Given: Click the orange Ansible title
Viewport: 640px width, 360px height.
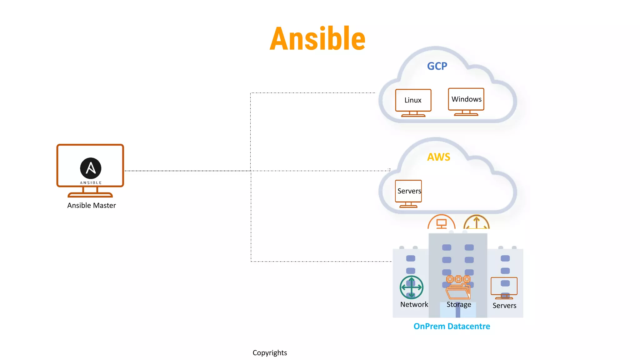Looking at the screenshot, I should pos(317,39).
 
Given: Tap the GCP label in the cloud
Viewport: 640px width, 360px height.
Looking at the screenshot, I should pos(437,66).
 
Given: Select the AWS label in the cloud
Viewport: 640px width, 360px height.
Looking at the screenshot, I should pos(438,157).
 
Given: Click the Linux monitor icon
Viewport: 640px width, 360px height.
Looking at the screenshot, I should pos(413,102).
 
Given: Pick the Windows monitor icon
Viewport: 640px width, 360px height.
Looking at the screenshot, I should pos(466,101).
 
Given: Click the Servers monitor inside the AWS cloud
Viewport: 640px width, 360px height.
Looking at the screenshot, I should pos(408,193).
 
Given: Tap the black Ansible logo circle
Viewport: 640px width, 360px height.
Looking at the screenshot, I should pos(91,168).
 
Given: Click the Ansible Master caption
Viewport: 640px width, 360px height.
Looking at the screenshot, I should pos(92,205).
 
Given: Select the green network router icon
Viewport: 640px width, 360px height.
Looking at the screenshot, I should pos(411,287).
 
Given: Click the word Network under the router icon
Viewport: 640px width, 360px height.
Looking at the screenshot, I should pos(414,304).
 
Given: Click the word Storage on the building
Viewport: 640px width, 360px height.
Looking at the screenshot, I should pos(459,304).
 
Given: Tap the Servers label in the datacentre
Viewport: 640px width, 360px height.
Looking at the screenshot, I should pos(504,306).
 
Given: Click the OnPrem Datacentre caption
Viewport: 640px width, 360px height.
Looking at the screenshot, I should pos(452,326).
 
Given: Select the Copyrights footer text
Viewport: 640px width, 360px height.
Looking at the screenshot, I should pos(270,353).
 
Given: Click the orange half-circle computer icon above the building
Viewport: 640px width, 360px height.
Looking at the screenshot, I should pos(441,222).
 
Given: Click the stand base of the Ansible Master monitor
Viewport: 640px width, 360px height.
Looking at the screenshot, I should pos(90,195).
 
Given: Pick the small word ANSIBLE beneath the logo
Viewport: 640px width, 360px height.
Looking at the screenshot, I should pos(91,183).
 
